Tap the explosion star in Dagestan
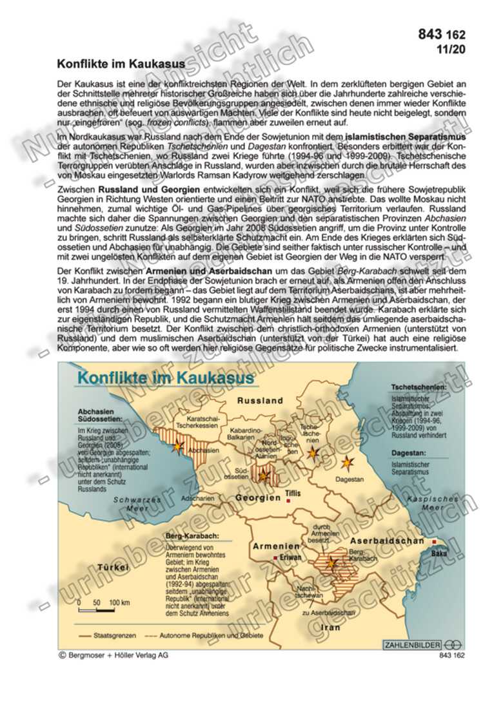348,462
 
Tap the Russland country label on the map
260,401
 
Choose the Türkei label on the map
113,567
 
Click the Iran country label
331,626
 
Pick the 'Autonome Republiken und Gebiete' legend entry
202,635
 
